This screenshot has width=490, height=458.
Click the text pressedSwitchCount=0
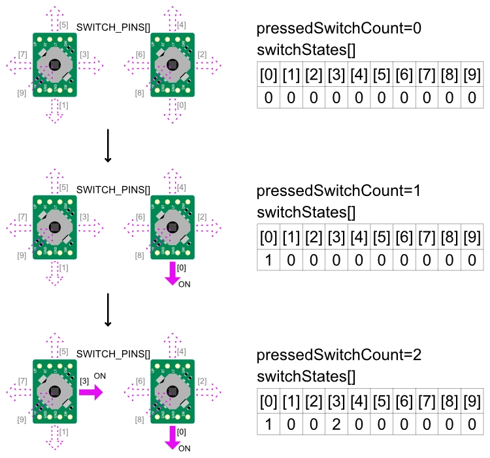[338, 30]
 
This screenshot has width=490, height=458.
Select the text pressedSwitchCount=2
[338, 356]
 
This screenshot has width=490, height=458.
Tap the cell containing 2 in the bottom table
[335, 423]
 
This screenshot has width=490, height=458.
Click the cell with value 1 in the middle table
[268, 260]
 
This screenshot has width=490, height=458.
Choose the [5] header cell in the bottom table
[381, 401]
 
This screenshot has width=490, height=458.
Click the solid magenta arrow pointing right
[91, 392]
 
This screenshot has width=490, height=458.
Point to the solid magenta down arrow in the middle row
[173, 273]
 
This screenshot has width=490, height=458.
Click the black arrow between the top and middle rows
[108, 148]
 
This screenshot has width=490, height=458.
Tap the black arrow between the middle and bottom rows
[108, 310]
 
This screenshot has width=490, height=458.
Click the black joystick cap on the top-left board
[55, 64]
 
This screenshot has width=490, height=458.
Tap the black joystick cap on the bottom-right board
[172, 391]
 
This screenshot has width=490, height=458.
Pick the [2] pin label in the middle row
[202, 217]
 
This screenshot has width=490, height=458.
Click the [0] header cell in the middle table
[268, 238]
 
